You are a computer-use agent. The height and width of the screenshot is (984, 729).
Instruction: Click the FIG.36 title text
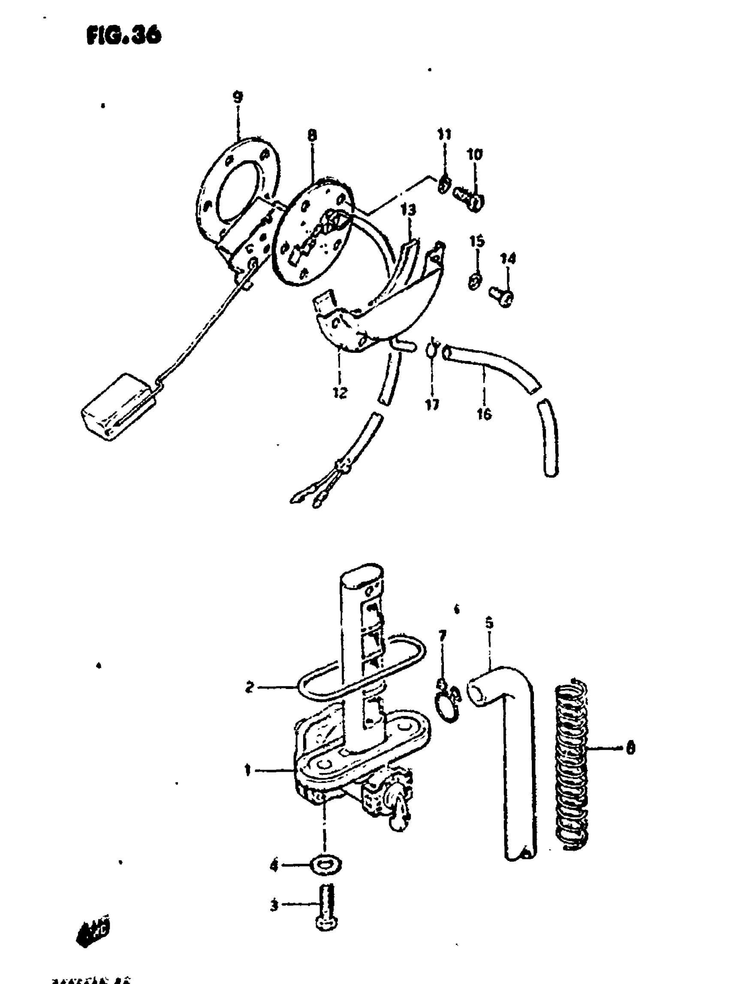[124, 35]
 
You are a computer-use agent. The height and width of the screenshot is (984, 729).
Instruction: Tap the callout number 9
[238, 96]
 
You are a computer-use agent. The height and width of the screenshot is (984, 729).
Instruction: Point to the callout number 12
[340, 392]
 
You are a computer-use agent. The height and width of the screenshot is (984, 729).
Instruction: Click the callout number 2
[250, 687]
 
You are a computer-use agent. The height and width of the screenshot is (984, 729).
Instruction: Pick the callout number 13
[409, 210]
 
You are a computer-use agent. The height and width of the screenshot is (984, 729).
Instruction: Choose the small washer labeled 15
[474, 281]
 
